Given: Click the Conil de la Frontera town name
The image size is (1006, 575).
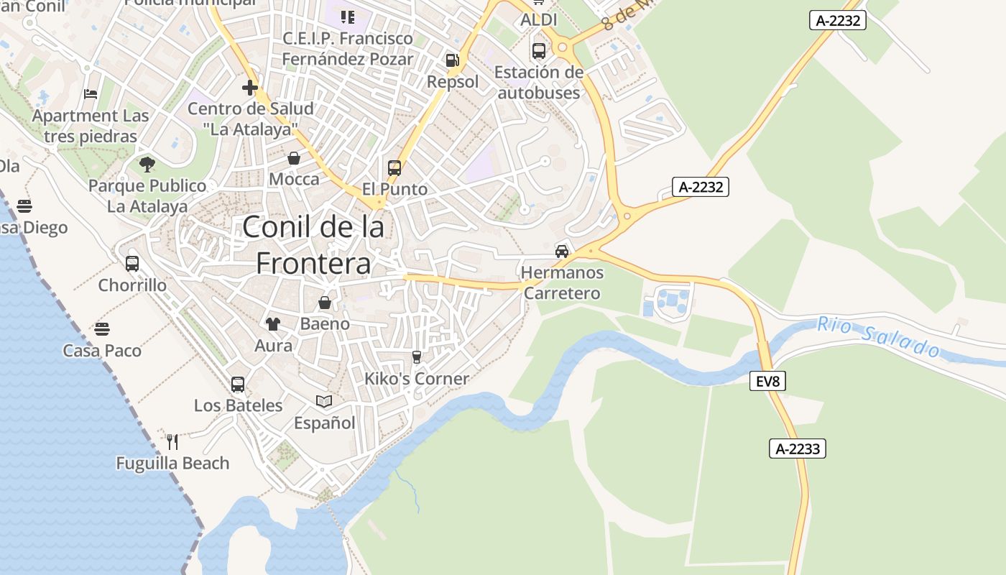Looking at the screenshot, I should point(313,245).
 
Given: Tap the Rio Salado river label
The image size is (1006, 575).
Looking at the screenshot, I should point(879,337).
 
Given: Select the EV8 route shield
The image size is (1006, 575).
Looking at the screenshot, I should point(768,381).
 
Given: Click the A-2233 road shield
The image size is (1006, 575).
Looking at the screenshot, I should point(798,449).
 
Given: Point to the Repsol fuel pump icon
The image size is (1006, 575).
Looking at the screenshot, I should point(452,60).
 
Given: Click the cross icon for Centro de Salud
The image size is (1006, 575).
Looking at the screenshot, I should point(250,88).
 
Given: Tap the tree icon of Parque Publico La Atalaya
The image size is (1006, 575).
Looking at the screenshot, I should point(147,165).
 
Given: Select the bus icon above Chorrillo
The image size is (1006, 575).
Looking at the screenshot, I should point(132,264).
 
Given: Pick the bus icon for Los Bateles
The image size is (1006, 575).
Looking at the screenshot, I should point(238,385).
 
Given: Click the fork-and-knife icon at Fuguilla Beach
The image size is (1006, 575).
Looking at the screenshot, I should point(172,441).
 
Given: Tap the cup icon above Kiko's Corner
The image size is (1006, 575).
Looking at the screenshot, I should point(416,357).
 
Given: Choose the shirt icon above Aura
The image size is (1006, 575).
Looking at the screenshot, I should point(273,324).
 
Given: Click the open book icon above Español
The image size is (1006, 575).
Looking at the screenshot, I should point(324,401).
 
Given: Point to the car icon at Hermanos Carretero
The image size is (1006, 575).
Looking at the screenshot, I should point(562,252).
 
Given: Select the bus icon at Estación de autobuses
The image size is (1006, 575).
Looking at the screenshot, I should point(539,51).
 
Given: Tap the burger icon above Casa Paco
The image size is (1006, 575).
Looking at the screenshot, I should point(102,329).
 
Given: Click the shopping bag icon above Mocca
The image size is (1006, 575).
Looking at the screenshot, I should point(294,158).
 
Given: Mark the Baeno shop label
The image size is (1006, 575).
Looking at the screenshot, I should point(325,323).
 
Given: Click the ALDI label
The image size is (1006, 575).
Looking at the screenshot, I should point(539,19).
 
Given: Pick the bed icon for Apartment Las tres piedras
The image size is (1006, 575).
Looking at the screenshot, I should point(91,94).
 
